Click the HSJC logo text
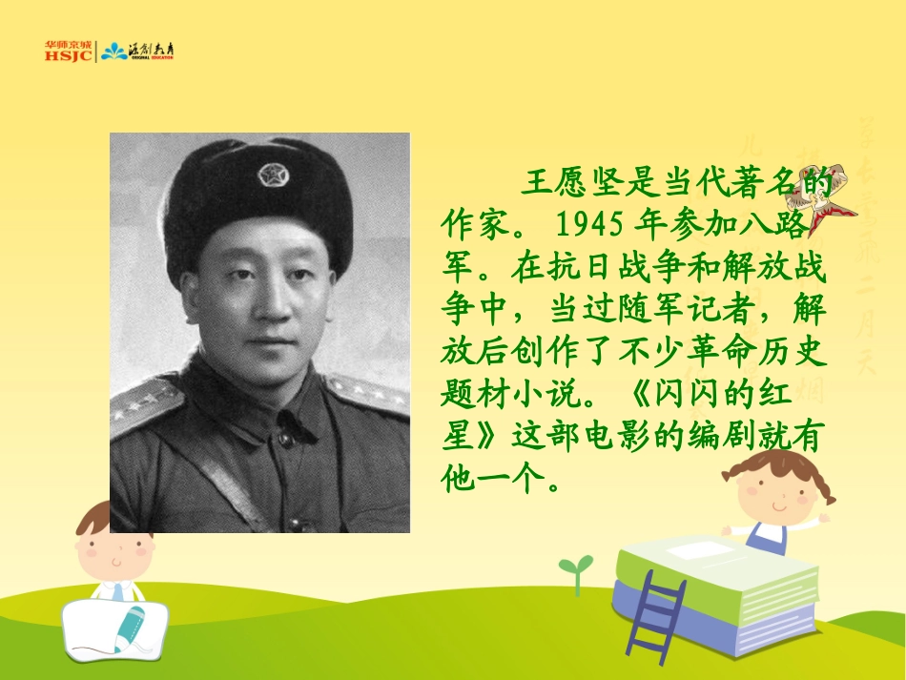pos(67,55)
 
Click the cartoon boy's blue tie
pos(117,591)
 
